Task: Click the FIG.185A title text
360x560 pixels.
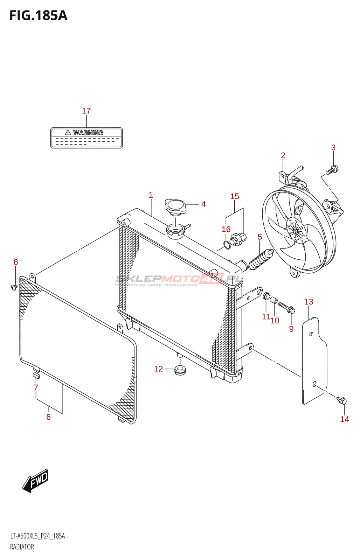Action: (x=38, y=16)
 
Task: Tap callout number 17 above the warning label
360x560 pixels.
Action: (x=86, y=111)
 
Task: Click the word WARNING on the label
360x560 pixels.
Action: (x=88, y=133)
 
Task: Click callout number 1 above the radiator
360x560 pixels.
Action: (x=151, y=195)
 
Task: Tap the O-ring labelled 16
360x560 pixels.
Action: (x=227, y=244)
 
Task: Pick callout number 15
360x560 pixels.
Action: (x=235, y=196)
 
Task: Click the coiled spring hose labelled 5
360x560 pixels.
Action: (x=260, y=260)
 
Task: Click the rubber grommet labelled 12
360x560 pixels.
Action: (x=180, y=370)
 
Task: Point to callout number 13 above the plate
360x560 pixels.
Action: (x=309, y=302)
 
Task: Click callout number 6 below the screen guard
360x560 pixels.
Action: (x=48, y=417)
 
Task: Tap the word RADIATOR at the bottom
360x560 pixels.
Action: (x=22, y=547)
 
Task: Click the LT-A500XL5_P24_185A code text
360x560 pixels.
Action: (x=37, y=536)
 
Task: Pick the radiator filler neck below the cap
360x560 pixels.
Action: (x=175, y=231)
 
